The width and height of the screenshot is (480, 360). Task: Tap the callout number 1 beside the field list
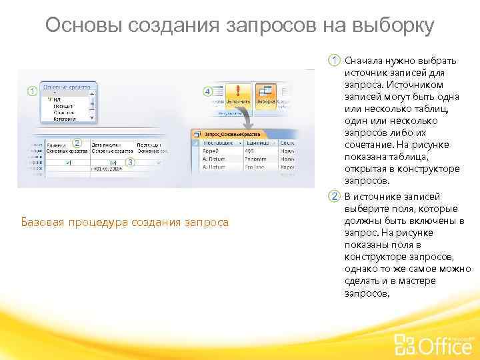pos(31,91)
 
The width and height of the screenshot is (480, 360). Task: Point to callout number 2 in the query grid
pos(77,143)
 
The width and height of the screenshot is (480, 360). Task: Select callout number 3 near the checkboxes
pos(131,162)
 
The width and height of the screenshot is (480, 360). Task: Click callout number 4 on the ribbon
pos(207,91)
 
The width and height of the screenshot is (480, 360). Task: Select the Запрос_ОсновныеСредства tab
pos(230,134)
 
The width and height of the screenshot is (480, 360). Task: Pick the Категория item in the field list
pos(65,119)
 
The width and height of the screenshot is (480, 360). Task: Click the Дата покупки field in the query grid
pos(107,145)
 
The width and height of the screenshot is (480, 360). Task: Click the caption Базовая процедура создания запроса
pos(124,222)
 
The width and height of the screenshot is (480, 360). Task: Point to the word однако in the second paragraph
pos(361,269)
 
